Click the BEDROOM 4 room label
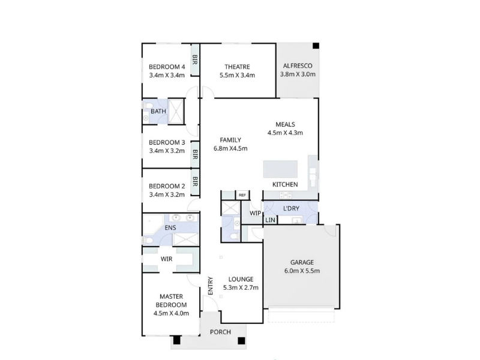coord(167,67)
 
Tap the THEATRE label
coord(237,67)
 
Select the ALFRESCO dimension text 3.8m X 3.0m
coord(298,74)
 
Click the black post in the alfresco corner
coord(316,46)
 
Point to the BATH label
coord(158,111)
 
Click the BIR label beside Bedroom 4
coord(194,59)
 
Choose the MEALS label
coord(286,124)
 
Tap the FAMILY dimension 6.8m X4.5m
coord(230,148)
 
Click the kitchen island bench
coord(280,169)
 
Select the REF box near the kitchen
coord(242,195)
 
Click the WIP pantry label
coord(256,213)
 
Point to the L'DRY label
coord(291,208)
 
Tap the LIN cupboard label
coord(271,220)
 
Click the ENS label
coord(170,227)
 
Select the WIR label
coord(167,259)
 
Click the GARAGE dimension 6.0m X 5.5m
coord(302,271)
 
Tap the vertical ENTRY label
coord(211,286)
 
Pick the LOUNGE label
coord(241,279)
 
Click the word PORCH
coord(220,332)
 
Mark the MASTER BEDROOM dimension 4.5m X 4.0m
coord(172,313)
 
